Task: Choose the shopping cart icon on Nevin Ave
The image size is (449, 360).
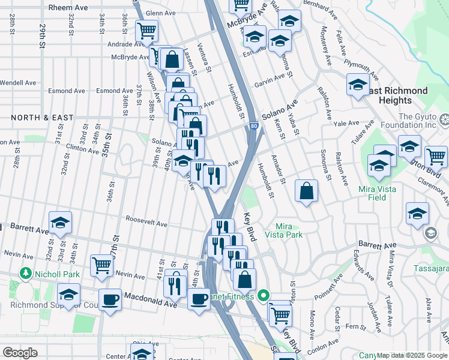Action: pos(102,265)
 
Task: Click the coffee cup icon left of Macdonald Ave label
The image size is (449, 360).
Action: pos(109,299)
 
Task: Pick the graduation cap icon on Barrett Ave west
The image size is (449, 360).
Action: pos(61,223)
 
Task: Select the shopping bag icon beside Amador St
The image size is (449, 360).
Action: pos(306,192)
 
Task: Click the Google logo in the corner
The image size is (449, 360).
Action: pos(19,353)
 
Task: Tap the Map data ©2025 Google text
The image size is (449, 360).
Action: pos(412,355)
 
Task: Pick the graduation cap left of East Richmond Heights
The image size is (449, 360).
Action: pos(357,85)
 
